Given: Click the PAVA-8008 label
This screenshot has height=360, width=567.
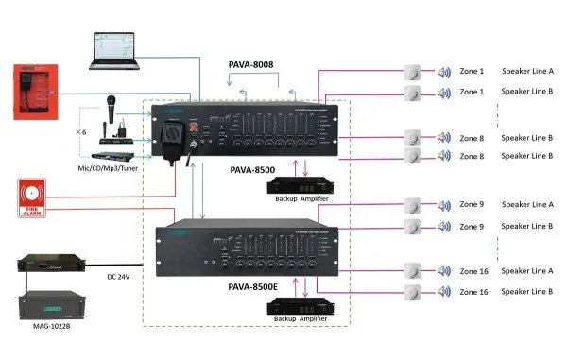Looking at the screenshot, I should [251, 65].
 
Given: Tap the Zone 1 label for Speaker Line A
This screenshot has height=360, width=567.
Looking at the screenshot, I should [472, 71].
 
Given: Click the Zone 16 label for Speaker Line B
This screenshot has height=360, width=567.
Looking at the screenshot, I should [473, 292].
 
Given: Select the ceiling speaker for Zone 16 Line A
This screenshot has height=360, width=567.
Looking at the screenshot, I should [412, 270].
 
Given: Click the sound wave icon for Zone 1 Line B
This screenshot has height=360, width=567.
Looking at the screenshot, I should [443, 92].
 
